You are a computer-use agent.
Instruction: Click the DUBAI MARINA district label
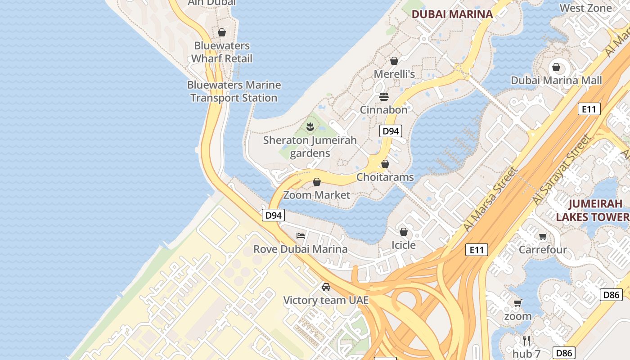[x=452, y=14]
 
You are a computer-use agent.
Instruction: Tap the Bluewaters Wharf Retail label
[x=221, y=52]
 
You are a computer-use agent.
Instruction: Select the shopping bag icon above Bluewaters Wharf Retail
[x=221, y=32]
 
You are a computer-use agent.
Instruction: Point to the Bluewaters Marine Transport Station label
[x=234, y=91]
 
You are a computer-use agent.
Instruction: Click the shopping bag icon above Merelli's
[x=394, y=60]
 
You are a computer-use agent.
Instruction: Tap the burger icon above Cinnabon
[x=384, y=96]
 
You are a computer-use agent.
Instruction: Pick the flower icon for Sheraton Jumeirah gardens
[x=310, y=127]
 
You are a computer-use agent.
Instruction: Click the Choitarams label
[x=385, y=177]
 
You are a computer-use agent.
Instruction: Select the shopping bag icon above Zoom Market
[x=317, y=182]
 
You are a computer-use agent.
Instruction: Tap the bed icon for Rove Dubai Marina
[x=301, y=235]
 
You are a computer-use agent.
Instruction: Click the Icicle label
[x=403, y=245]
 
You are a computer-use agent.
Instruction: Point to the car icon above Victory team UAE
[x=326, y=287]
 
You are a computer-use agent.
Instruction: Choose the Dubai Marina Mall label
[x=556, y=81]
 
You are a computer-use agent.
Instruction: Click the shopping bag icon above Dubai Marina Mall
[x=556, y=67]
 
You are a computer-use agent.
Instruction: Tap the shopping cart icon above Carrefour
[x=543, y=236]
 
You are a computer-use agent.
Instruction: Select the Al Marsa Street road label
[x=490, y=199]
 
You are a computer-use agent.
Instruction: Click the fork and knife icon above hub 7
[x=526, y=340]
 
